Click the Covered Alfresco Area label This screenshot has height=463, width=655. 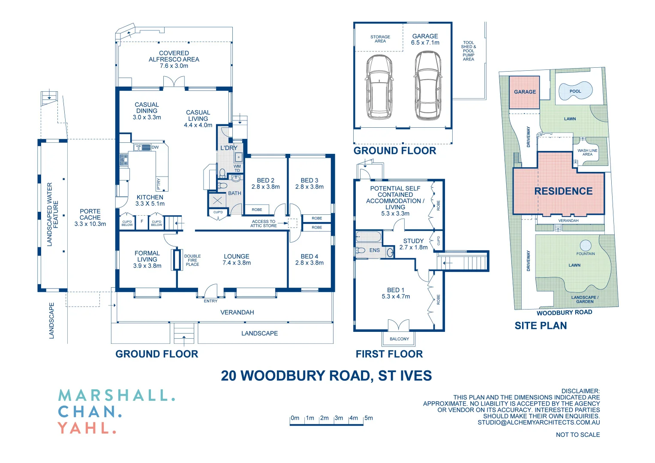tap(174, 60)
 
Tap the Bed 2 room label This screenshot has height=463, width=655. tap(265, 183)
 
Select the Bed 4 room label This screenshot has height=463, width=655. tap(309, 259)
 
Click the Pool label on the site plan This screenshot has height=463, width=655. tap(575, 91)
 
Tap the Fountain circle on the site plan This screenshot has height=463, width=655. tap(585, 246)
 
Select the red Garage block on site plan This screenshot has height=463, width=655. tap(524, 92)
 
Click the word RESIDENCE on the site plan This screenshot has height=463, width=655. tap(563, 191)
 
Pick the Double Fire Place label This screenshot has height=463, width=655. tap(192, 260)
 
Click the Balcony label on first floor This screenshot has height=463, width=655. tap(399, 339)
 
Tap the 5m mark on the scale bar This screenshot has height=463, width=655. tap(368, 418)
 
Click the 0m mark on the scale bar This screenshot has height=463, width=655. tap(295, 418)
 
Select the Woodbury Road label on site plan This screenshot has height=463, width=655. tap(564, 313)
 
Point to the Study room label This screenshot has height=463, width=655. tap(413, 244)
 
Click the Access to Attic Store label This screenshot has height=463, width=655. tap(264, 224)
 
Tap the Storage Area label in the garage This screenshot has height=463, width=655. tap(380, 39)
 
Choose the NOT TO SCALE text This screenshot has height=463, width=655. tap(577, 435)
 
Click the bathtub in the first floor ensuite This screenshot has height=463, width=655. tap(369, 237)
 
